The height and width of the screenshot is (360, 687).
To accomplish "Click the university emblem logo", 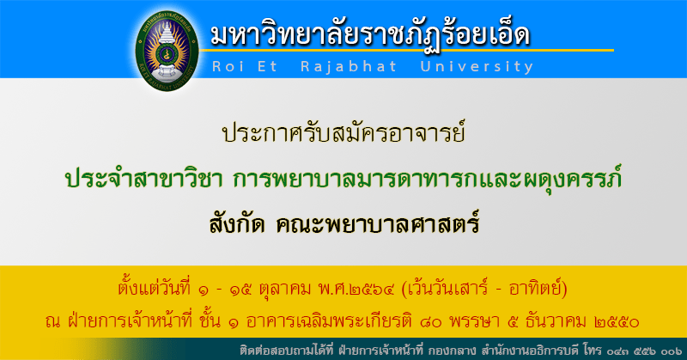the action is point(167,50).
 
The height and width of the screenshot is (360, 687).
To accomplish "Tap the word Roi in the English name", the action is point(228,67).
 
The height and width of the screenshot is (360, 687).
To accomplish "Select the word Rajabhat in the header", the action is point(349,67).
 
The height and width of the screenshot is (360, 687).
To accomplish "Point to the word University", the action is point(477,67).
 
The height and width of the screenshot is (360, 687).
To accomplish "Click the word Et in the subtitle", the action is point(268,67).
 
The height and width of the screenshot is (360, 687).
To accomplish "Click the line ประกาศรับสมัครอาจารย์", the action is point(343,132).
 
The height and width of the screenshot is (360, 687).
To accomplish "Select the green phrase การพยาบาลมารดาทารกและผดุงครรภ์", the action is point(428,179).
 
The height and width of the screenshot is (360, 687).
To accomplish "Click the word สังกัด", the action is point(237,224).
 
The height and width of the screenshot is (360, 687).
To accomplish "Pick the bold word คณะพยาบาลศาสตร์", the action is point(379,224).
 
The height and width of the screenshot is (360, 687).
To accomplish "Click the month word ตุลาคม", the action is point(285,290).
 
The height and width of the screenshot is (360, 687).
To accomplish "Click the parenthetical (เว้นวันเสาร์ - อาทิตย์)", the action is point(484,289).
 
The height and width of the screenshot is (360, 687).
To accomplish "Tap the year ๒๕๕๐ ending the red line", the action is point(617,323).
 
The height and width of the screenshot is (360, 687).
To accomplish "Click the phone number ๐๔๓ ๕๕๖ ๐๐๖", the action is point(645,351).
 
